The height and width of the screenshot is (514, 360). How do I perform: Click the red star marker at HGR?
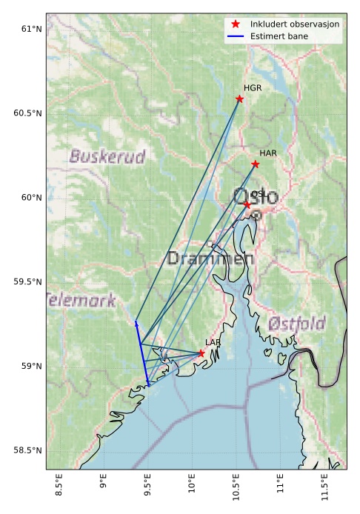pos(239,99)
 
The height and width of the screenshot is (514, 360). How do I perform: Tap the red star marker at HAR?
pos(256,164)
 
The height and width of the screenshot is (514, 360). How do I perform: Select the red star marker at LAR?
pos(201,354)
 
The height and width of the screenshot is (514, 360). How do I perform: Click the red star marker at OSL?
pos(247,204)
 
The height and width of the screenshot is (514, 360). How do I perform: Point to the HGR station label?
pos(253,88)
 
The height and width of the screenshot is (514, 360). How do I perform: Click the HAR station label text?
pos(267,153)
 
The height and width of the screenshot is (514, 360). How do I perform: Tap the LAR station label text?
pos(213,343)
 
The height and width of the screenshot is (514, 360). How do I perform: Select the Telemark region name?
pos(81,301)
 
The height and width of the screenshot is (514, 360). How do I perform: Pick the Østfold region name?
pos(296,324)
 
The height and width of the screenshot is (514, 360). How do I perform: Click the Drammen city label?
pos(210,259)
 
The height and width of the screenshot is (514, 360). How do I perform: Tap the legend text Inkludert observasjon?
pos(295,24)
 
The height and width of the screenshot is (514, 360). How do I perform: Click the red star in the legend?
pos(236,24)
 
